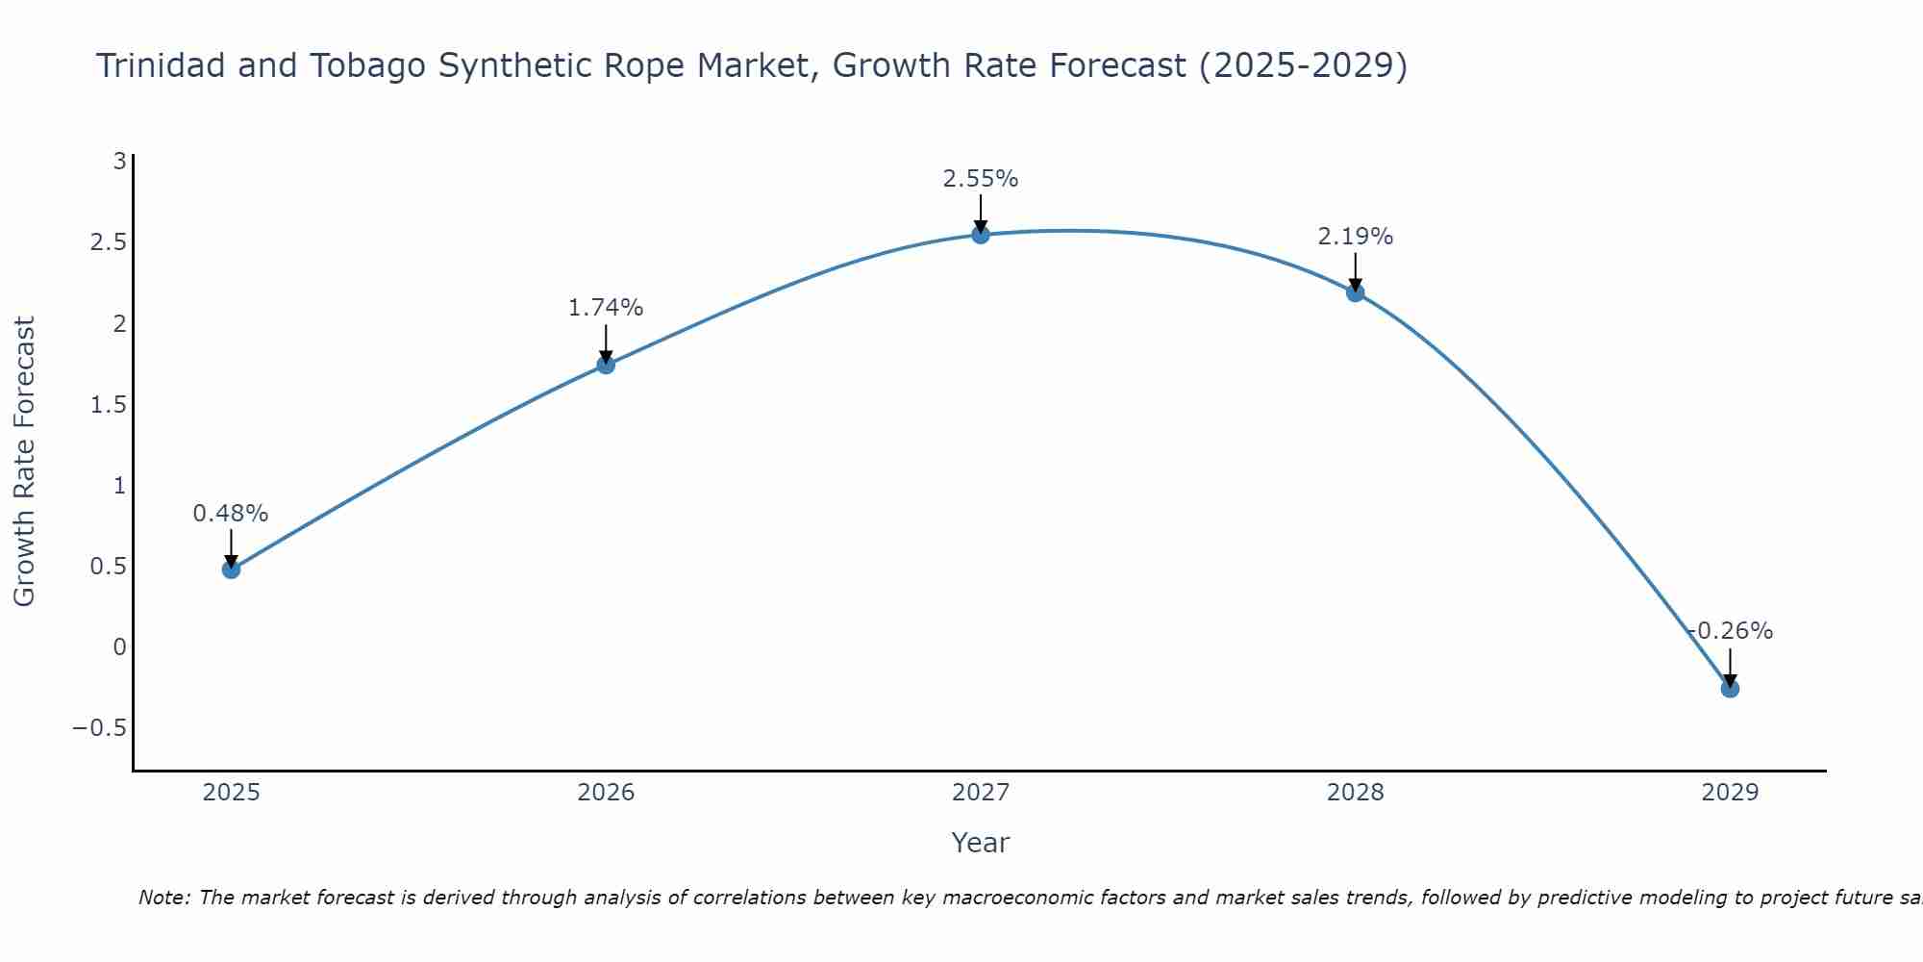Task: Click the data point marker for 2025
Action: coord(231,570)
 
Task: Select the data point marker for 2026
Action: coord(606,365)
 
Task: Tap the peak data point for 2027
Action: coord(981,234)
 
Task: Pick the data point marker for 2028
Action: coord(1356,292)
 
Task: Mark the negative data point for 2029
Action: coord(1730,689)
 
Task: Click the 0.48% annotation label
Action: coord(231,514)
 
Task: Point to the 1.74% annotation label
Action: coord(606,308)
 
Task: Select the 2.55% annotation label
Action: coord(981,179)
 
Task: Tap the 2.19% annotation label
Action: coord(1356,237)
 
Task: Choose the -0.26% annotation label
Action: coord(1731,631)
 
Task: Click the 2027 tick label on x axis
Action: coord(981,793)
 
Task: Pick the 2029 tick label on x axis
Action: coord(1730,793)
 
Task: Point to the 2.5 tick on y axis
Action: coord(108,241)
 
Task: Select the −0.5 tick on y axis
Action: coord(99,727)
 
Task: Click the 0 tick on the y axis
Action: coord(119,646)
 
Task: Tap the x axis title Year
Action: coord(981,843)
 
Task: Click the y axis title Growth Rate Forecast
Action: coord(25,461)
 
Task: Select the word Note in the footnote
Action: coord(164,898)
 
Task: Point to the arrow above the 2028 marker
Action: coord(1356,271)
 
